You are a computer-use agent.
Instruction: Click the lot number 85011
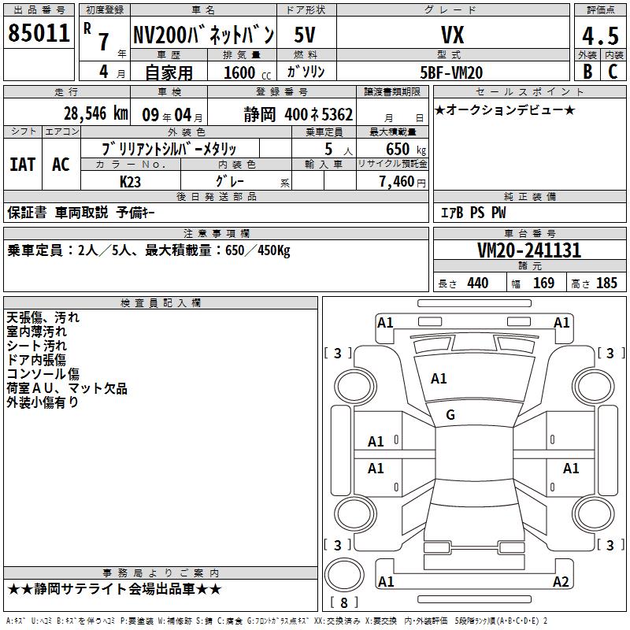pyautogui.click(x=39, y=33)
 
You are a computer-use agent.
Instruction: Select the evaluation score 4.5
pyautogui.click(x=600, y=36)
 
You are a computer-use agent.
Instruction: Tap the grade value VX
pyautogui.click(x=453, y=35)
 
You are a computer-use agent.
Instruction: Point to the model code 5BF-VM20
pyautogui.click(x=451, y=72)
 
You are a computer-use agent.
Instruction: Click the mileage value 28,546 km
pyautogui.click(x=96, y=113)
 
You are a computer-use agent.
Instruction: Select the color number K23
pyautogui.click(x=130, y=182)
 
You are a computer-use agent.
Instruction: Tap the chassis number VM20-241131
pyautogui.click(x=529, y=250)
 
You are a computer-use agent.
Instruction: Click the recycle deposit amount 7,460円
pyautogui.click(x=402, y=182)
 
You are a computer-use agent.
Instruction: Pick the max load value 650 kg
pyautogui.click(x=406, y=150)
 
